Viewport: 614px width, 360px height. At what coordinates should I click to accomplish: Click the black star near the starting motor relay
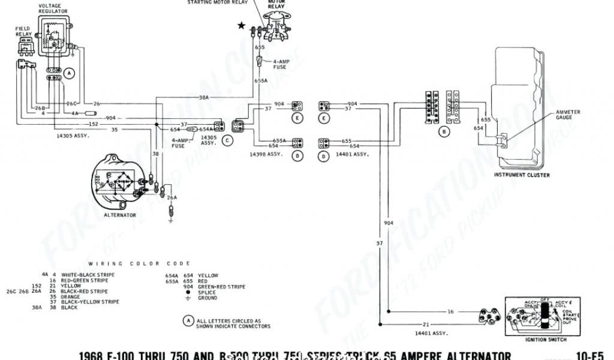241,25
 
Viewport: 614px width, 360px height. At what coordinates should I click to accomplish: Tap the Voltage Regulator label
54,9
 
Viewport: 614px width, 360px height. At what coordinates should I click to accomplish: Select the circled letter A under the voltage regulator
70,74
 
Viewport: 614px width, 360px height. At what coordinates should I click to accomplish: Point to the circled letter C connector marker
227,140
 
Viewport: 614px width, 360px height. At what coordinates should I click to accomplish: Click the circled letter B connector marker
444,131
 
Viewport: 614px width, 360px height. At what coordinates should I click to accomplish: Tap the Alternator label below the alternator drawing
120,215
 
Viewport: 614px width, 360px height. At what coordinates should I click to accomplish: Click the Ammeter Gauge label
568,115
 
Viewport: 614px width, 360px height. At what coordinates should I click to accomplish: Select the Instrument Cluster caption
522,175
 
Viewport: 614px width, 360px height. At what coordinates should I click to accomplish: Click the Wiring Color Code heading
140,263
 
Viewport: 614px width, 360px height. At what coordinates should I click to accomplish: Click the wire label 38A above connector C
204,97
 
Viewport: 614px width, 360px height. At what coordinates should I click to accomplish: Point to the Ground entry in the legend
208,298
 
